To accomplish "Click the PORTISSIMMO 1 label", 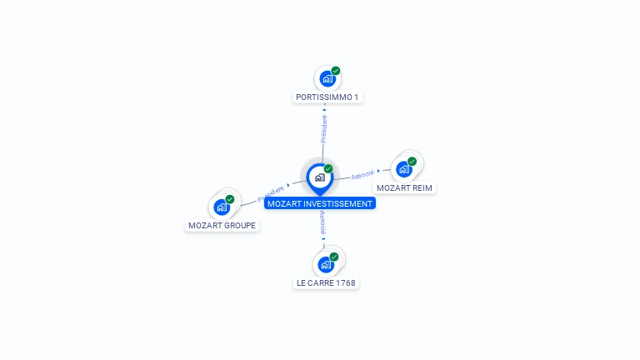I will coord(327,97).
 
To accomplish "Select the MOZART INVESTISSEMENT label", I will coord(320,203).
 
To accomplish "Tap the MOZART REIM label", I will coord(404,187).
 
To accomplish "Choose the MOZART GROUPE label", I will coord(222,225).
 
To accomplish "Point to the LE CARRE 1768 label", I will coord(326,282).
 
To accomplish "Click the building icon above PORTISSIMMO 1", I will coord(327,79).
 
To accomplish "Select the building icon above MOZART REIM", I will coord(404,169).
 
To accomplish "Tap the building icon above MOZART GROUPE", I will coord(222,207).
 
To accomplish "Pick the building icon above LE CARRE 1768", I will coord(326,265).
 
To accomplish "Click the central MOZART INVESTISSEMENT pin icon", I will coord(319,177).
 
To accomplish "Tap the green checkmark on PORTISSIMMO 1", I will coord(336,71).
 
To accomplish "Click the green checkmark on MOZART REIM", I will coord(412,161).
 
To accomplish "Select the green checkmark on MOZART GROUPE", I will coord(230,199).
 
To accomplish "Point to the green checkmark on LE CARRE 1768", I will coord(334,257).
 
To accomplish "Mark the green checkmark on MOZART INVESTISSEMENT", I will coord(328,168).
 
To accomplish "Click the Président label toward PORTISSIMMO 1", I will coord(324,127).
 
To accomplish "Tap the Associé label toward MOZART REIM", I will coord(362,175).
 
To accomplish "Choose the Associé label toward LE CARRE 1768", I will coord(322,223).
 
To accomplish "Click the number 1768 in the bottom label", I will coord(346,282).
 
